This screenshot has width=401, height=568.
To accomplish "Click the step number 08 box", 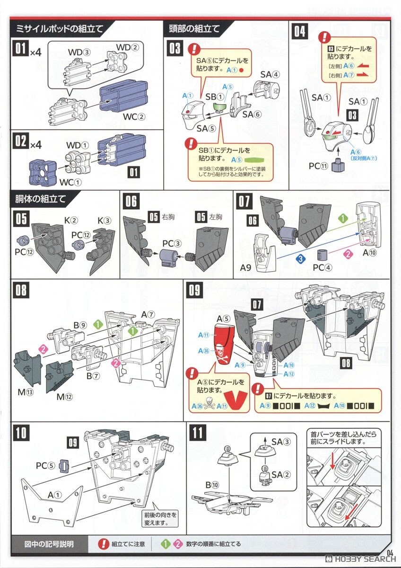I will pos(21,290).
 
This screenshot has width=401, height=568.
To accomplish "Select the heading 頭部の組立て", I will pos(194,29).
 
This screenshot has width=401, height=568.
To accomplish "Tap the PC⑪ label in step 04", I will pos(318,166).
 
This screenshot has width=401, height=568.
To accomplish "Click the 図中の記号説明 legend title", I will pos(49,544).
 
